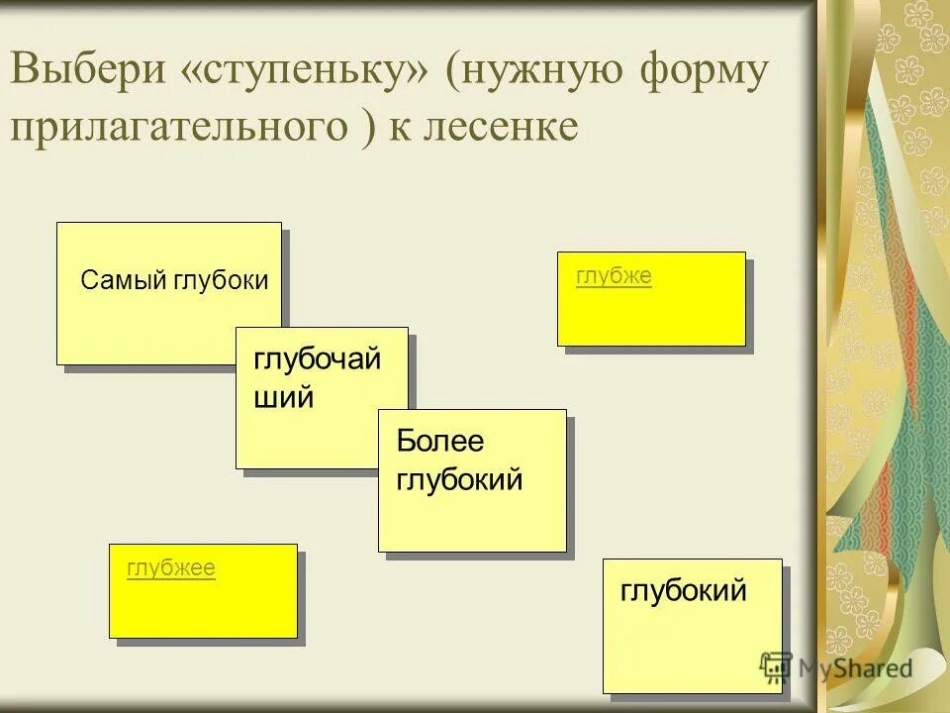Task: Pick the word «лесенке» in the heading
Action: pyautogui.click(x=505, y=128)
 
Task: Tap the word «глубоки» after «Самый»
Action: pyautogui.click(x=221, y=280)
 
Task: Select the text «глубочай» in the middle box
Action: pyautogui.click(x=317, y=359)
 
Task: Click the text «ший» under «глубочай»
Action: pyautogui.click(x=284, y=398)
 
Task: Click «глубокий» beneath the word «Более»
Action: pyautogui.click(x=459, y=480)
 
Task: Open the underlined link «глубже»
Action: pyautogui.click(x=614, y=276)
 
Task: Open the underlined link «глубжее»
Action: pyautogui.click(x=171, y=568)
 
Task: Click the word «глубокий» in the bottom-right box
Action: pyautogui.click(x=683, y=591)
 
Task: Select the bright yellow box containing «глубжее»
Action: pyautogui.click(x=203, y=604)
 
